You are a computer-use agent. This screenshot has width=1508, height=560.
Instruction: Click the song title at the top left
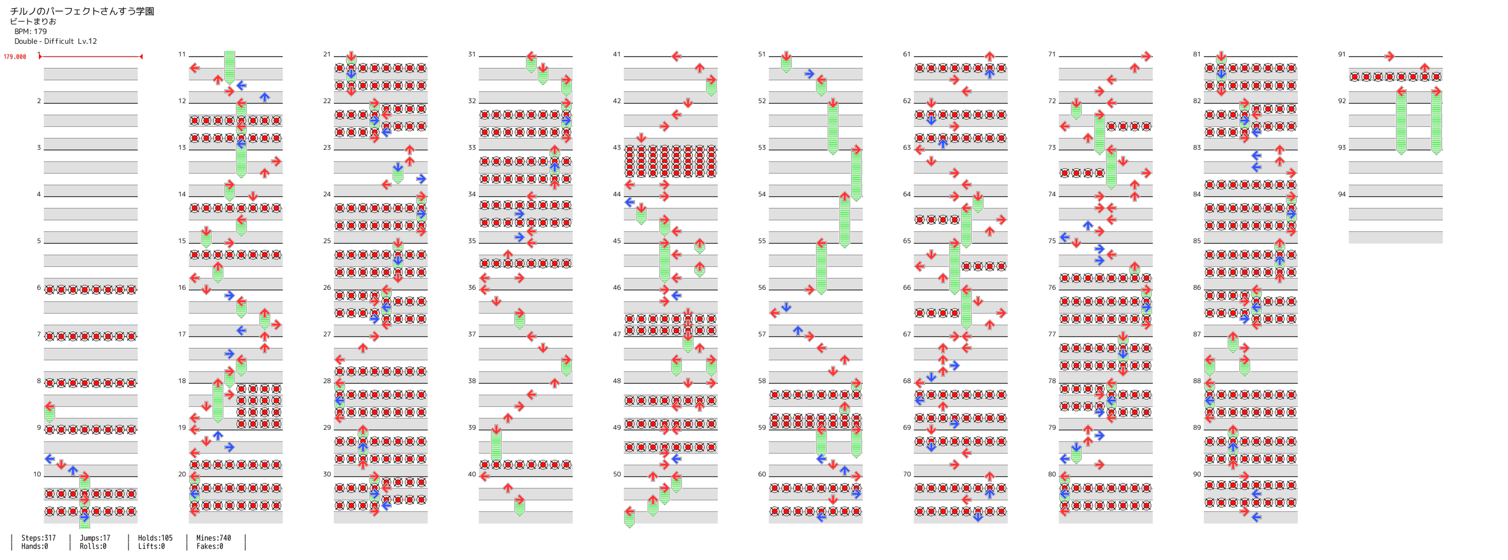[x=82, y=11]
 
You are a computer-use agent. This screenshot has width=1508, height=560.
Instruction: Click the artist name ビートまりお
[x=33, y=22]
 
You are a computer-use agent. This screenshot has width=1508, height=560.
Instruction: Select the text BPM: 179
[x=31, y=32]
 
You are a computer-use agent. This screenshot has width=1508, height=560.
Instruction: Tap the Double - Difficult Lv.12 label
[x=56, y=41]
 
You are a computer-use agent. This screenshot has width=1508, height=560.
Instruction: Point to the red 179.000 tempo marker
[x=15, y=57]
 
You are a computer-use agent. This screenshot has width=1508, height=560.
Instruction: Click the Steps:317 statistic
[x=39, y=538]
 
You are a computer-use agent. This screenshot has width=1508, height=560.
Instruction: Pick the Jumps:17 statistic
[x=95, y=538]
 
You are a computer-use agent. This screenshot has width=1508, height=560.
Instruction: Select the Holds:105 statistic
[x=155, y=538]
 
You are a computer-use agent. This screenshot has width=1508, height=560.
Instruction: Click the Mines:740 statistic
[x=213, y=538]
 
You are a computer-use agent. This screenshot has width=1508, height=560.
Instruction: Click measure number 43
[x=616, y=148]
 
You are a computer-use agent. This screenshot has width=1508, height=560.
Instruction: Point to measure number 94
[x=1342, y=194]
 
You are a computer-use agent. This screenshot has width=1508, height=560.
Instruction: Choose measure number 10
[x=37, y=474]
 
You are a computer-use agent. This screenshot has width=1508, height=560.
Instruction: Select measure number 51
[x=761, y=55]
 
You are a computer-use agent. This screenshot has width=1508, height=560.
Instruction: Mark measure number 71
[x=1052, y=55]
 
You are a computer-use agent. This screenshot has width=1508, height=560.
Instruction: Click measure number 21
[x=327, y=55]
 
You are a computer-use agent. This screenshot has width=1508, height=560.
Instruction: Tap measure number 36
[x=472, y=287]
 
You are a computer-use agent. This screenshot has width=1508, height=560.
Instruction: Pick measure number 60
[x=761, y=474]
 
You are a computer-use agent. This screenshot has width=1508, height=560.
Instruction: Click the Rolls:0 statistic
[x=93, y=546]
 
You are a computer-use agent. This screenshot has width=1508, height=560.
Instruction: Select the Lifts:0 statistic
[x=151, y=546]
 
